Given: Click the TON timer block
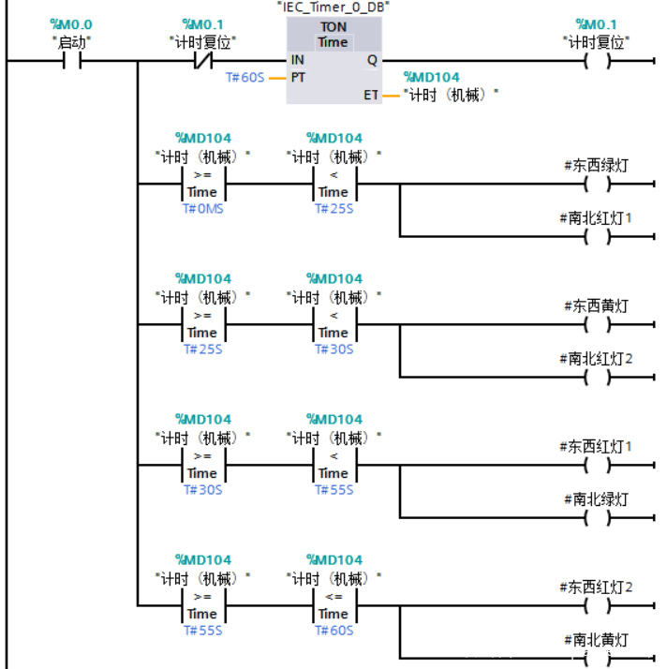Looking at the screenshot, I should [333, 61].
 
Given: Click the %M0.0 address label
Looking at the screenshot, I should [71, 24].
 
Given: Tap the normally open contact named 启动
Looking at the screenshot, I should [71, 62].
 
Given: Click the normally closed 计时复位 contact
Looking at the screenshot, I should [202, 62].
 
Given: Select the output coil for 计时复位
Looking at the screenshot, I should [596, 62].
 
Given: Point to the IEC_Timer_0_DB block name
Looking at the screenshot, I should [333, 7].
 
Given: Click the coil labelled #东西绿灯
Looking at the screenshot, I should [596, 185].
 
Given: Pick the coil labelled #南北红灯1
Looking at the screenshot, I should [596, 236].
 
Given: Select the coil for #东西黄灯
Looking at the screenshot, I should [596, 325].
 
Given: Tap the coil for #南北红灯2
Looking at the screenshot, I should [596, 377].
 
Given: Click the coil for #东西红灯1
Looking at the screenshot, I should [596, 466].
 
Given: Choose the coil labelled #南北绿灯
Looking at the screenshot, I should [596, 517].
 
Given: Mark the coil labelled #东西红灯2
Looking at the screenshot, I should [596, 606].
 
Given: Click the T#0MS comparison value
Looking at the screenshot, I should [202, 208].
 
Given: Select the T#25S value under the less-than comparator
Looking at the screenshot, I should [333, 208].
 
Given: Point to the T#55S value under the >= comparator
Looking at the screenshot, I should [202, 630].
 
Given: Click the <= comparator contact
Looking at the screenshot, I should [333, 605].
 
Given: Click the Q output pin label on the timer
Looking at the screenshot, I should [372, 60].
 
